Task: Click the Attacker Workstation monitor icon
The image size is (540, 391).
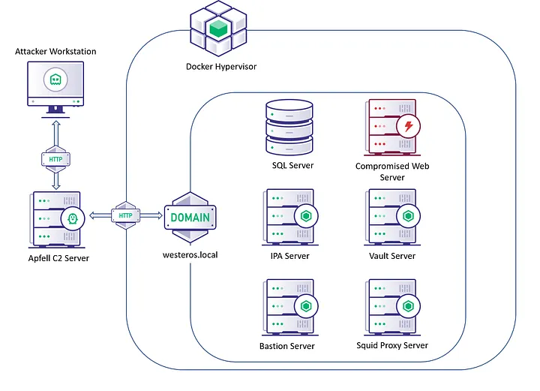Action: point(55,86)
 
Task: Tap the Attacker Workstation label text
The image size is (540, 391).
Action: point(55,51)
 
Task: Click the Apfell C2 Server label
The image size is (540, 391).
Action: point(56,259)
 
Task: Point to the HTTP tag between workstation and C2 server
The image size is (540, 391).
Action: point(55,159)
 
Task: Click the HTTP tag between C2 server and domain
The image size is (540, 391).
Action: point(126,215)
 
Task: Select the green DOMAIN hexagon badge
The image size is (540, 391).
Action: point(190,218)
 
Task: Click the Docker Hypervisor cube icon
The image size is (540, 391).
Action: point(218,28)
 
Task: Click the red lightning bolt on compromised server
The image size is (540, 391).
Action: point(408,126)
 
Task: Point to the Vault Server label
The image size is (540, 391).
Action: point(392,256)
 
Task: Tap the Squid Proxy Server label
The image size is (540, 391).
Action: point(392,345)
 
